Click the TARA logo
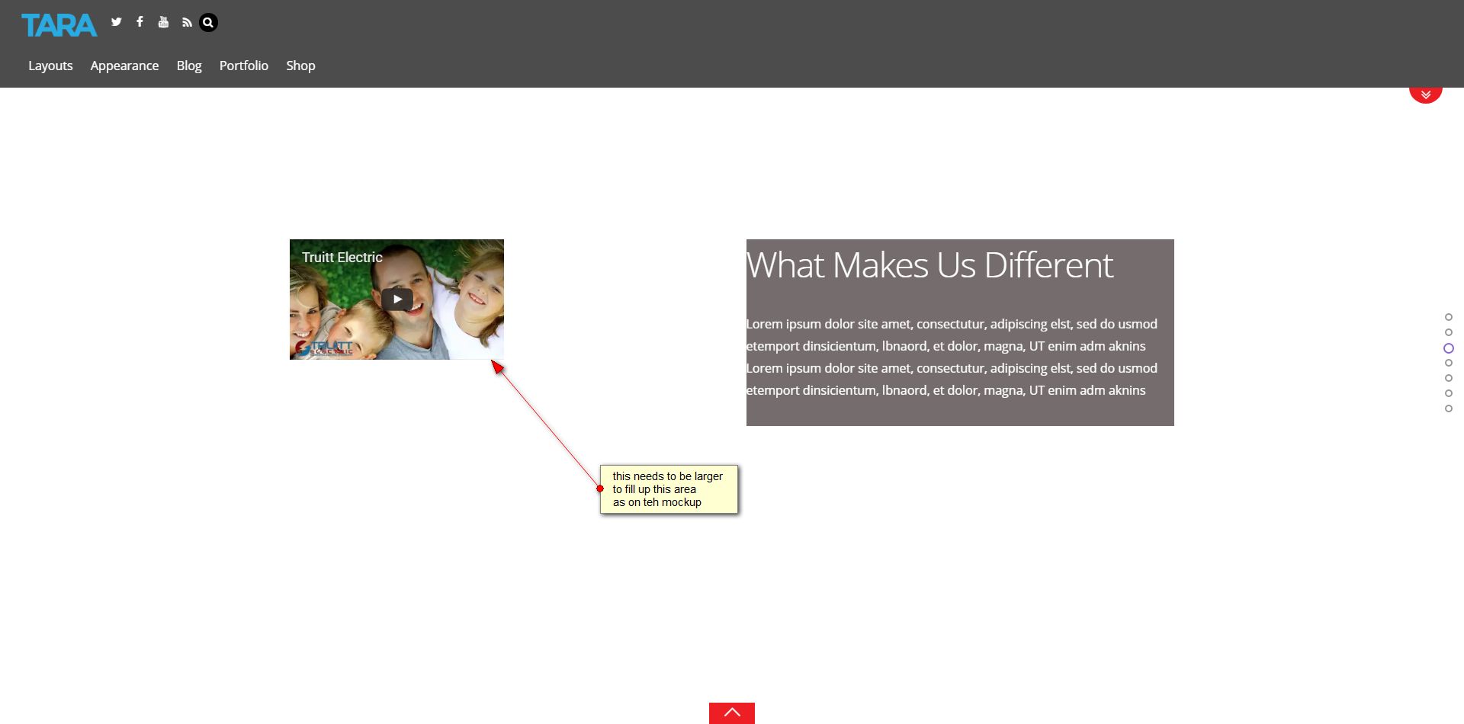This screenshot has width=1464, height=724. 59,25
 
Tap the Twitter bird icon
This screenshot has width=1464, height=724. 117,22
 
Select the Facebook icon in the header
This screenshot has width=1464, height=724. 140,22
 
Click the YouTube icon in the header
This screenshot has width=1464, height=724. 163,22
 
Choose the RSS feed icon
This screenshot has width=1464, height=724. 187,23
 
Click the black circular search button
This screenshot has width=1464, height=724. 208,23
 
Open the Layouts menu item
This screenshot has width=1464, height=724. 50,66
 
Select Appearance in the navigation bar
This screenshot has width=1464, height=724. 124,66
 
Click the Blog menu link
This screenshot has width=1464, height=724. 189,66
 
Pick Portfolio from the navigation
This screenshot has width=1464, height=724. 244,66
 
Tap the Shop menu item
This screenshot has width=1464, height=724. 300,66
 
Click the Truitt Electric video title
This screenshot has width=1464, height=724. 342,258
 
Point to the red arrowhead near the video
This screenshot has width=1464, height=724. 498,367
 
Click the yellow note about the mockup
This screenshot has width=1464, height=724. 669,489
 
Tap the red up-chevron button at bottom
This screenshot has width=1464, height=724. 732,713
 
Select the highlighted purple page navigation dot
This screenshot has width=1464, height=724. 1449,348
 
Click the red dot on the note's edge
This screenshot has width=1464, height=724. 600,489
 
